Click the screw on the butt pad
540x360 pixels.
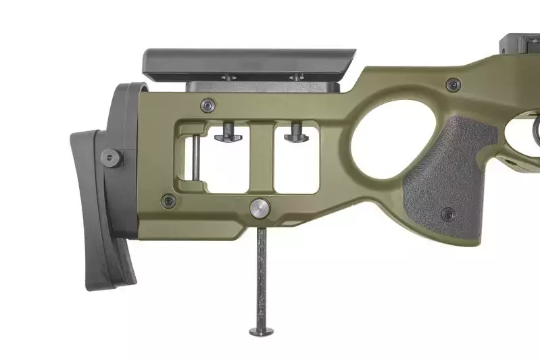pyautogui.click(x=111, y=158)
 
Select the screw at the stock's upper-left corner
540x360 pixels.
pyautogui.click(x=208, y=105)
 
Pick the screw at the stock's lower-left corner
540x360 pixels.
pyautogui.click(x=168, y=200)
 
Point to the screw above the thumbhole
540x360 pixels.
pyautogui.click(x=452, y=84)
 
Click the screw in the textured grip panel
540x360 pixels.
pyautogui.click(x=448, y=214)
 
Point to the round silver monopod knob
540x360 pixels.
pyautogui.click(x=260, y=208)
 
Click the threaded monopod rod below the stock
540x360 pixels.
pyautogui.click(x=261, y=277)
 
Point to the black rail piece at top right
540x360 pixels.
pyautogui.click(x=520, y=43)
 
